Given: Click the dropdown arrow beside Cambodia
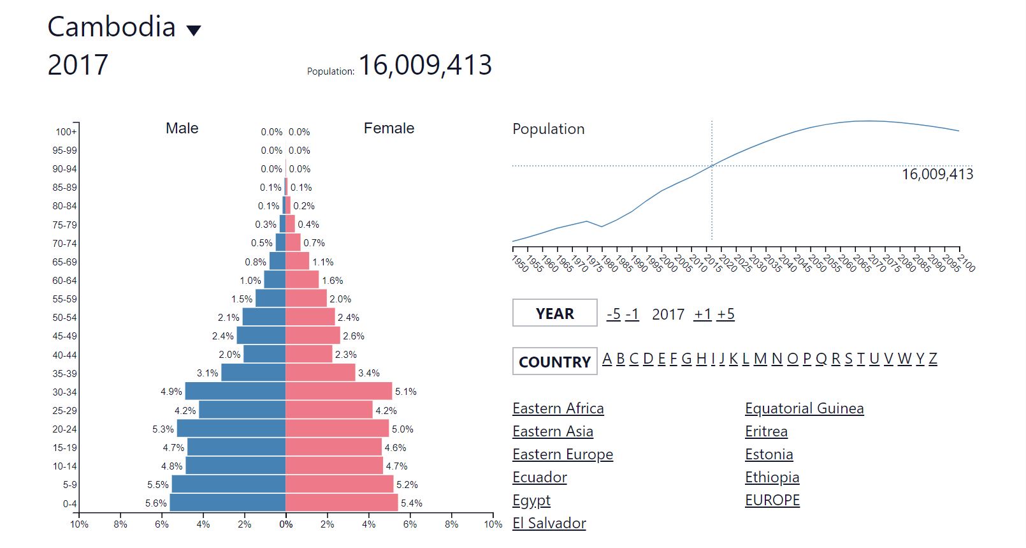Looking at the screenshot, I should click(x=193, y=30).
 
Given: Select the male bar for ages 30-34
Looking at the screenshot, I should click(x=235, y=391).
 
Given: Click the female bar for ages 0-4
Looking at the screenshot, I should click(x=342, y=503).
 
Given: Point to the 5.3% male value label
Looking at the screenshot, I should click(x=163, y=429).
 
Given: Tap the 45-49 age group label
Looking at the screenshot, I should click(x=64, y=336).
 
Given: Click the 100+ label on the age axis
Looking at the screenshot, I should click(x=66, y=132).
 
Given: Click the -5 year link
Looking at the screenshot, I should click(x=614, y=314).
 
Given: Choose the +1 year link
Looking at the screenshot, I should click(x=702, y=314).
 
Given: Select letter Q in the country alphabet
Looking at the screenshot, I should click(x=821, y=359).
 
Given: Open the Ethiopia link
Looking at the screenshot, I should click(x=772, y=477).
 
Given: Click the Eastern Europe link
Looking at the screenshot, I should click(x=562, y=454).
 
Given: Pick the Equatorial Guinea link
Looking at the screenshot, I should click(x=804, y=408).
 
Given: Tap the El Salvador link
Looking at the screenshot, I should click(x=549, y=523).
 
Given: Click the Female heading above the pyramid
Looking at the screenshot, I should click(x=389, y=128).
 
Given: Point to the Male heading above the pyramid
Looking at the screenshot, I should click(x=182, y=128).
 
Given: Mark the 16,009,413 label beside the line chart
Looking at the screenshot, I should click(x=937, y=174).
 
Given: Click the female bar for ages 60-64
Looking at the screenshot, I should click(x=302, y=279).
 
